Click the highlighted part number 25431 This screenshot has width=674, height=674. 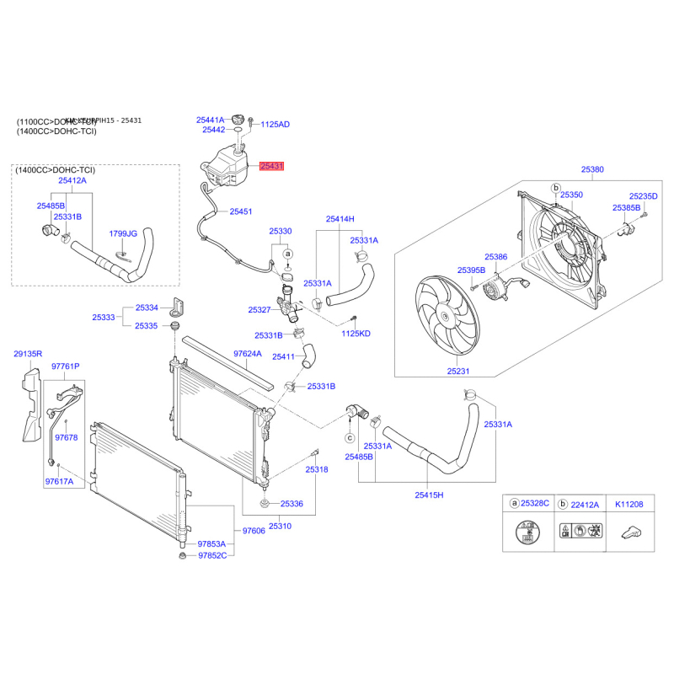272,167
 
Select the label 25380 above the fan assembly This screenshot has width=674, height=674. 591,169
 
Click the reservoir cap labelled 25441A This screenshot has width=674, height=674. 211,120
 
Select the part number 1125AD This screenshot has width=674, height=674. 275,124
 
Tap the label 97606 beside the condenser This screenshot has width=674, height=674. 254,532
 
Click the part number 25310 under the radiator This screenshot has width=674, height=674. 280,527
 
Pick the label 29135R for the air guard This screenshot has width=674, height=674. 27,354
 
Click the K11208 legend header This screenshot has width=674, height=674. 629,504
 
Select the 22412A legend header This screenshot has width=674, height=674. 584,504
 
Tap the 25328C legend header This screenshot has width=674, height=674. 535,504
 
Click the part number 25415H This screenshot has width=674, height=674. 429,495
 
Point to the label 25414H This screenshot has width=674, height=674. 340,219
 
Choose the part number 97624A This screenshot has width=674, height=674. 248,354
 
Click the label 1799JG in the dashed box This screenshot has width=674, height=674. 124,233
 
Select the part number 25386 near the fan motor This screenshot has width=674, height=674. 495,256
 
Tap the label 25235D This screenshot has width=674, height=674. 644,195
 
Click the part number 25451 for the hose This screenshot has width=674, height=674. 241,211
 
